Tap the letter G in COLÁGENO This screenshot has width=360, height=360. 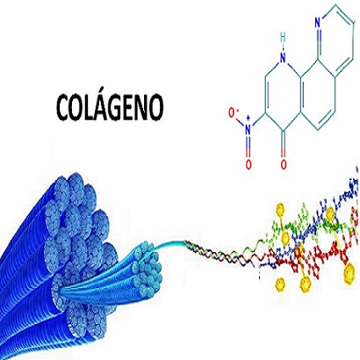point(119,107)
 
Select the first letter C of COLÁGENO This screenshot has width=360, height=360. point(63,107)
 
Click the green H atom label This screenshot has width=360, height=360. point(283,38)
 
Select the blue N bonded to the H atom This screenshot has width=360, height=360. point(283,58)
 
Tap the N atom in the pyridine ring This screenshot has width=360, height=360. point(318,21)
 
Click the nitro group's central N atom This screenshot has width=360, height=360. point(248,129)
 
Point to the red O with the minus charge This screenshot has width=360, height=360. point(233,113)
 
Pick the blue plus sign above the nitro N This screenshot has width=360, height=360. point(248,119)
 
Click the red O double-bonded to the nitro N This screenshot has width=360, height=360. point(248,164)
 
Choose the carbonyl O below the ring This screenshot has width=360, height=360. point(284,164)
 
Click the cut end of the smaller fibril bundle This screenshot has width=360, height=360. point(148,270)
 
